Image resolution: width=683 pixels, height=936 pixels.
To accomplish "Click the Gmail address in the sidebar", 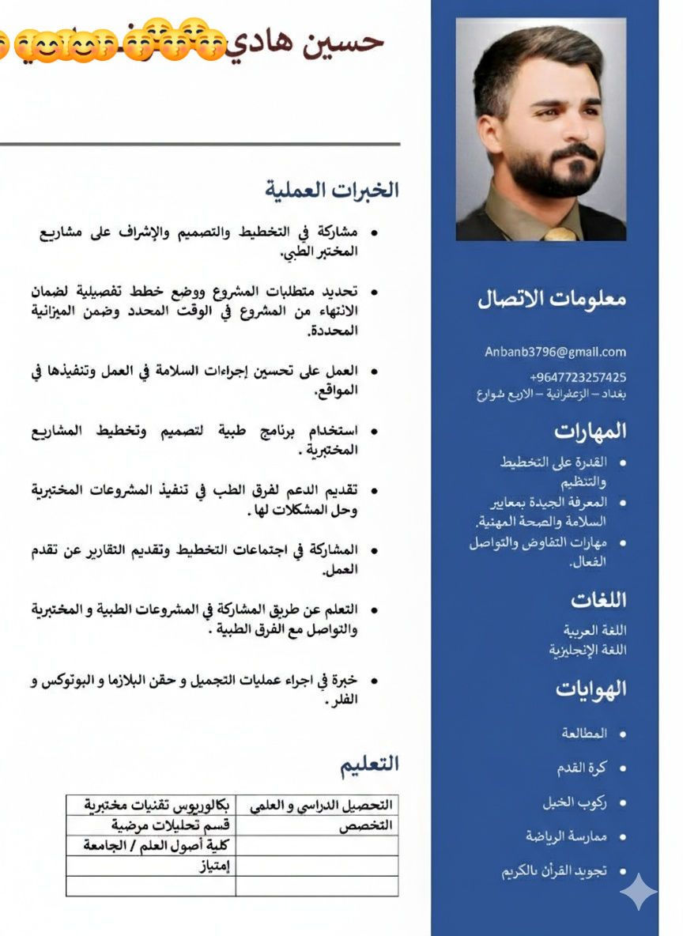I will (555, 353).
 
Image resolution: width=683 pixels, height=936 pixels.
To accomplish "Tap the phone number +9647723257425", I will (578, 377).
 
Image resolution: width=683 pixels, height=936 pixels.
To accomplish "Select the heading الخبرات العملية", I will (332, 190).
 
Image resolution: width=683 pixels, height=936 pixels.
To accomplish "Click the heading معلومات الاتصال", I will (552, 299).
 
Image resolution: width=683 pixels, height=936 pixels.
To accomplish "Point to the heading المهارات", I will (590, 431).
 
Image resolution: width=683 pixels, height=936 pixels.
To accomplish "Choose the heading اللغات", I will (598, 600).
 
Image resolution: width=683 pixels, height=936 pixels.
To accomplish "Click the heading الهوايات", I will (591, 689).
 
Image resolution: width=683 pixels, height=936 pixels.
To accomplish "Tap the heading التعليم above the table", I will (370, 764).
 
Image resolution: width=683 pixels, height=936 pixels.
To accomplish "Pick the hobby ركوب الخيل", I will (575, 802).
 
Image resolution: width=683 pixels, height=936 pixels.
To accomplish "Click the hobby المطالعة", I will (584, 734).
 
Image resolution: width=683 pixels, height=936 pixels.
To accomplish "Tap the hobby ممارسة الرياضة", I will (566, 836).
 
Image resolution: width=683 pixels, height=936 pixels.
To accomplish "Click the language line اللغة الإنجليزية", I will (587, 650).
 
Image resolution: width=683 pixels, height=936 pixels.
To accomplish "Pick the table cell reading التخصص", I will (366, 826).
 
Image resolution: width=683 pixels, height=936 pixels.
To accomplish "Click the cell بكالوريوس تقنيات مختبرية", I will (157, 806).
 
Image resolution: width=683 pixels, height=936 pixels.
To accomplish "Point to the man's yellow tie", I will (560, 234).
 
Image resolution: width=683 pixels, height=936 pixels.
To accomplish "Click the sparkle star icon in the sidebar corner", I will (638, 893).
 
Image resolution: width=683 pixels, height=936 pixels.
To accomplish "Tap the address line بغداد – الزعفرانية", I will (551, 394).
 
